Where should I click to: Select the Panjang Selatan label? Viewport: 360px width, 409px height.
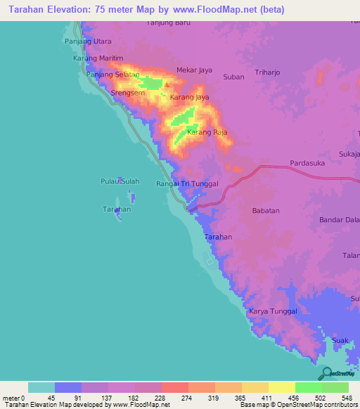[x=112, y=74]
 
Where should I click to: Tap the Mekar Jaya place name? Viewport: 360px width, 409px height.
[x=195, y=70]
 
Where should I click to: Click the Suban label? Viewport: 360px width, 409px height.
[x=233, y=77]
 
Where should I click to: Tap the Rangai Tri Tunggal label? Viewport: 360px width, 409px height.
[x=188, y=183]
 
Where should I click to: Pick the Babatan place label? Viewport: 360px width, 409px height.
[x=266, y=210]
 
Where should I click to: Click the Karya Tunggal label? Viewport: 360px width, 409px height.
[x=274, y=311]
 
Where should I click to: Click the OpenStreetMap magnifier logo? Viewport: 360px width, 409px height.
[x=326, y=373]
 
